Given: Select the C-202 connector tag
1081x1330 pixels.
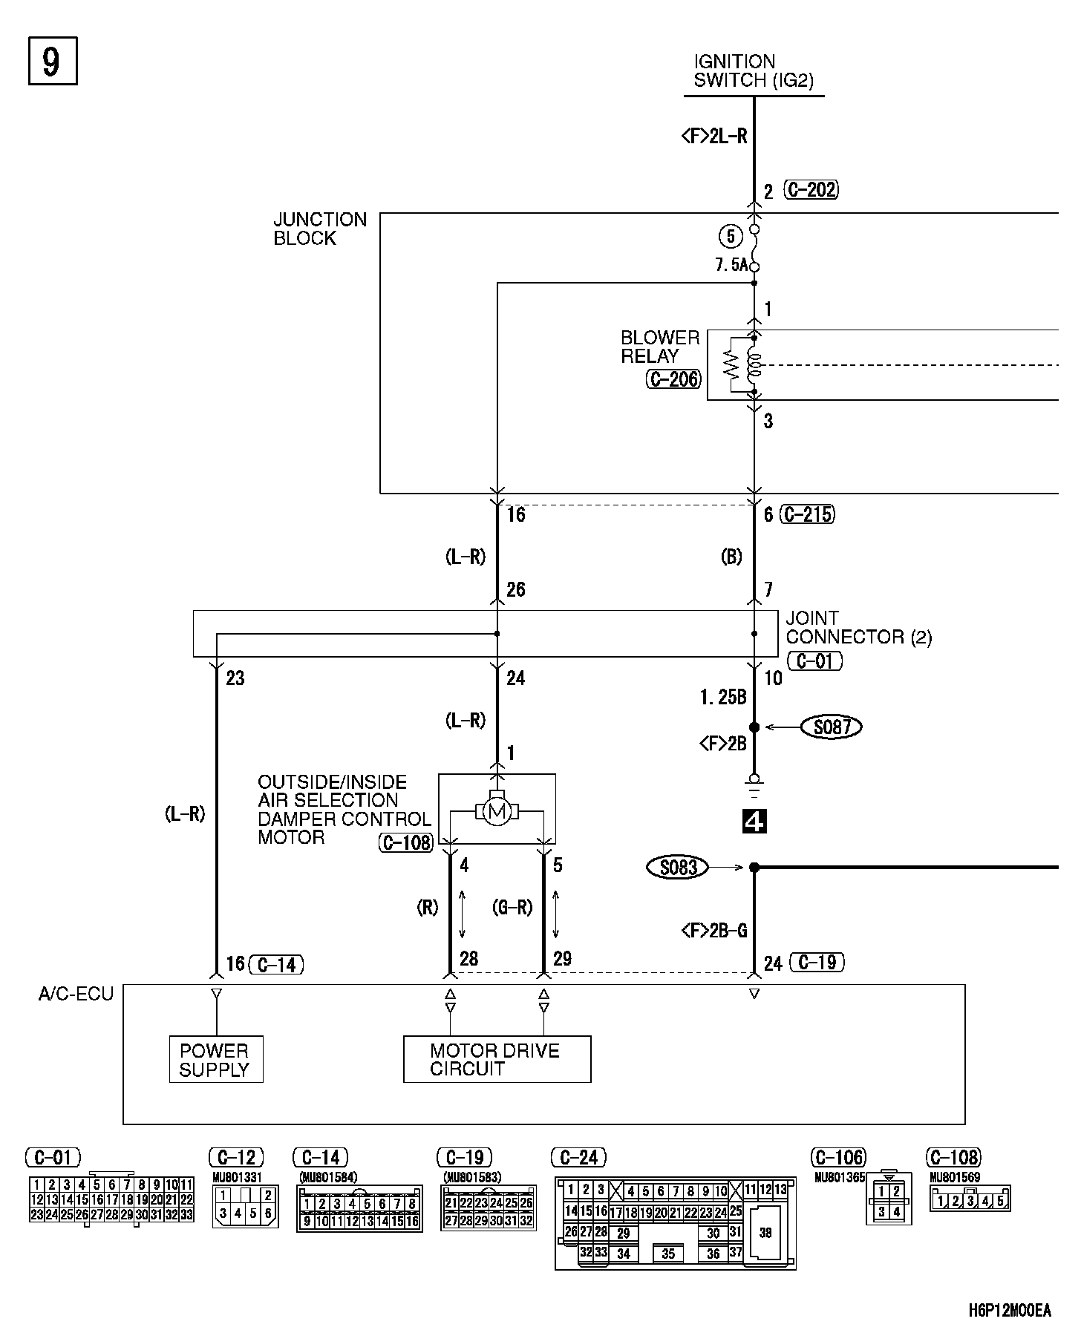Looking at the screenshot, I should tap(811, 190).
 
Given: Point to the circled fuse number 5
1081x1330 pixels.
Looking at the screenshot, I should tap(731, 236).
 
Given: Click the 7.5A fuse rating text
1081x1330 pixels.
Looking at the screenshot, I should tap(731, 265).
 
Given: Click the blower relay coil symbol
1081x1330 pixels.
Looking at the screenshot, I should tap(754, 364).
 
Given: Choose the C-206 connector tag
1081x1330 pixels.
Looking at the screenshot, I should tap(673, 380).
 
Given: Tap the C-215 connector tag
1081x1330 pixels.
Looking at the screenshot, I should tap(807, 514).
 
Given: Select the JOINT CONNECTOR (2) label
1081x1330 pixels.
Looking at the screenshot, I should tap(858, 628).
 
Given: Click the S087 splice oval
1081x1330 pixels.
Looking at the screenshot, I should tap(832, 727).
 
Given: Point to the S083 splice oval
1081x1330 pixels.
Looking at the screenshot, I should tap(677, 867).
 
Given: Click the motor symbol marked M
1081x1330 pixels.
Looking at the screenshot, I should tap(497, 812).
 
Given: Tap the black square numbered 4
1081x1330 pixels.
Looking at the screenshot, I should tap(754, 822).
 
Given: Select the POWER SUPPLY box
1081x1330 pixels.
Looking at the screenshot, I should tap(215, 1060).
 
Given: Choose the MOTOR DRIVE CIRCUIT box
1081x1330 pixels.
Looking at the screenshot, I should tap(497, 1060).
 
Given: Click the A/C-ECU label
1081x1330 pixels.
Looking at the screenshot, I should tap(76, 995).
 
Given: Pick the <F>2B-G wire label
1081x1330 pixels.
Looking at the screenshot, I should tap(713, 930).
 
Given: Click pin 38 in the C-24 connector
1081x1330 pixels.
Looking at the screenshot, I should tap(766, 1233).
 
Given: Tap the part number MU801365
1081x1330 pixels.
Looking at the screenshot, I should tap(840, 1178).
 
